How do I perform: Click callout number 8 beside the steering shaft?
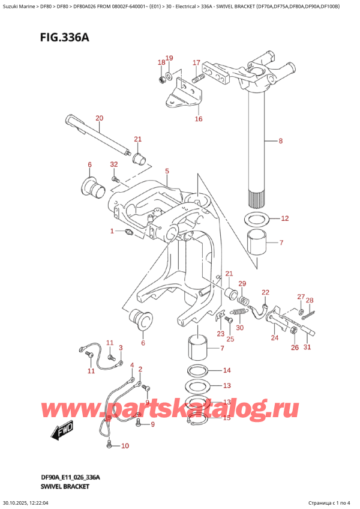pos(280,142)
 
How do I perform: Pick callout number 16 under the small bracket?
pos(198,119)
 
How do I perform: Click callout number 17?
pos(196,62)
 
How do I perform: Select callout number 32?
pos(114,164)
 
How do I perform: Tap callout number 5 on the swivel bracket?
pos(167,171)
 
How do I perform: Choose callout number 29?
pos(242,283)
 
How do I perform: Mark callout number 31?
pos(308,347)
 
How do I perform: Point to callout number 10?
pos(125,445)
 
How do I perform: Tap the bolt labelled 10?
pos(109,444)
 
